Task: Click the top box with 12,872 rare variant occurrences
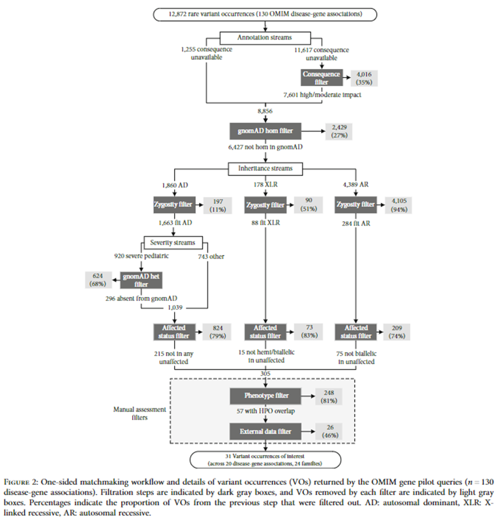click(x=265, y=14)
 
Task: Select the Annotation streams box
click(x=265, y=37)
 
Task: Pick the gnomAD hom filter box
click(x=265, y=131)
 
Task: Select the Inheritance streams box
click(x=265, y=168)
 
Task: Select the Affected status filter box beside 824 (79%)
click(x=171, y=331)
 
